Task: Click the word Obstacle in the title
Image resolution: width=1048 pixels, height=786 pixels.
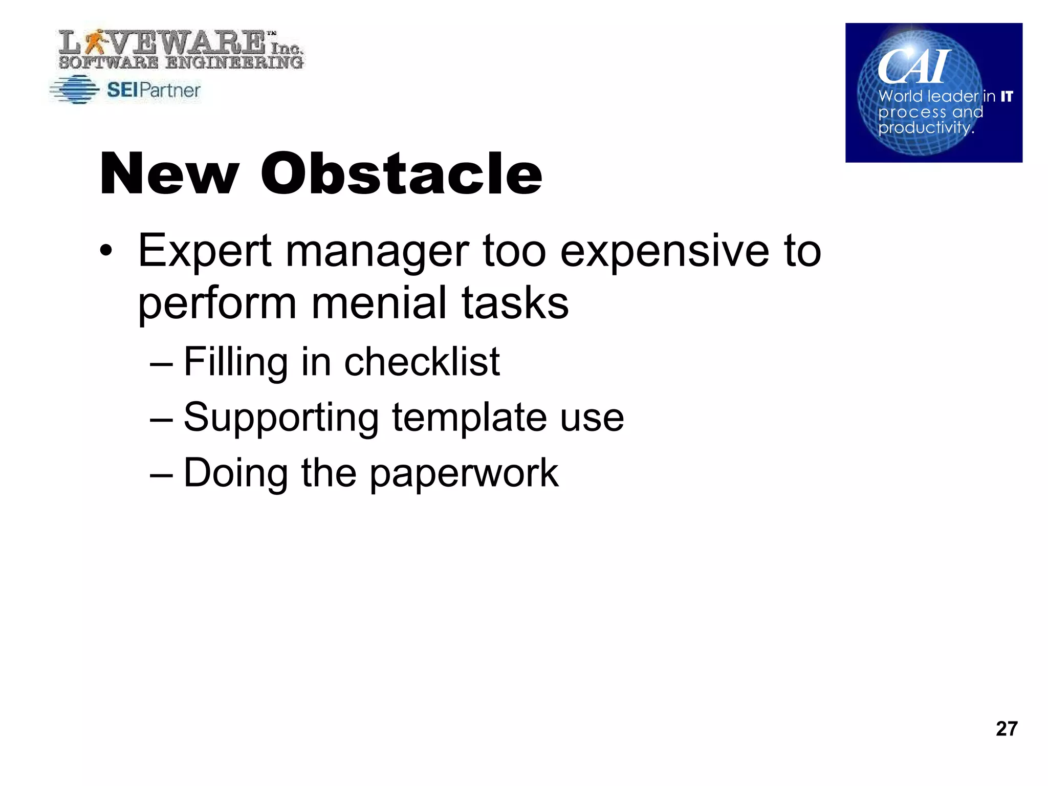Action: [x=401, y=174]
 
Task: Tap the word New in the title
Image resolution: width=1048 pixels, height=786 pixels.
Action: [x=169, y=174]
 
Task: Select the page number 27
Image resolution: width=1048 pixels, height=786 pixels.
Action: [x=1006, y=729]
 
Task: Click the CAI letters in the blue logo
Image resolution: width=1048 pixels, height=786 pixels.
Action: [x=914, y=67]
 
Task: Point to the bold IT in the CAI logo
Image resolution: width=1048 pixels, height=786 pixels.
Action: [x=1007, y=97]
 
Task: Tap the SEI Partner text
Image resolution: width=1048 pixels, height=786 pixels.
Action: [x=154, y=91]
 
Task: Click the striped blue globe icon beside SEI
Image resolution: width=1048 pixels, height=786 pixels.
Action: [x=75, y=90]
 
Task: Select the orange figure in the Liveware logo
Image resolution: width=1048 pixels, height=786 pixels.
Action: [x=95, y=41]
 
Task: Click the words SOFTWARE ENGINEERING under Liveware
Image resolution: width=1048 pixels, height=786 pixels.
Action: [x=181, y=63]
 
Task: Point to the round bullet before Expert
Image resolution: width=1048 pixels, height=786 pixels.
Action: [x=105, y=252]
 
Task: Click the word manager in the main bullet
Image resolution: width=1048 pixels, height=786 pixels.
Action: [x=377, y=252]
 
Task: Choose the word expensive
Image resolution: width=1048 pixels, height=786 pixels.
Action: [x=664, y=252]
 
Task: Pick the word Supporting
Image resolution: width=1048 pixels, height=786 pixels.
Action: [x=281, y=418]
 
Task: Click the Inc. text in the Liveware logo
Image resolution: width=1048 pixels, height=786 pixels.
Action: [x=286, y=48]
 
